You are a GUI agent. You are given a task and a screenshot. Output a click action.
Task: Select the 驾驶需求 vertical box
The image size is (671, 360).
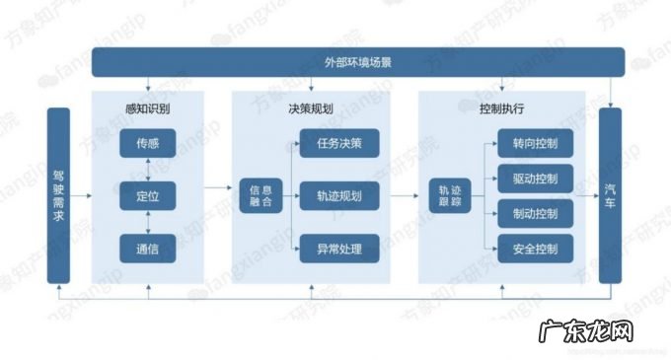tap(59, 195)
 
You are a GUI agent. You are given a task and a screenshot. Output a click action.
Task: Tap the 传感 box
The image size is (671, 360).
tap(146, 143)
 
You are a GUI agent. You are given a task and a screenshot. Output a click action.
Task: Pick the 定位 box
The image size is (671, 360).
tap(146, 195)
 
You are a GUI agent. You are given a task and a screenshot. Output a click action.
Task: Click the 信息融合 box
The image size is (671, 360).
tap(261, 195)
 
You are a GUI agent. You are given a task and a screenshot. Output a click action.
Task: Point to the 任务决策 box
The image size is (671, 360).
tap(338, 143)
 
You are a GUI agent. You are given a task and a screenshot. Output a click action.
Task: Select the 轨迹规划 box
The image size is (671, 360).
tap(338, 195)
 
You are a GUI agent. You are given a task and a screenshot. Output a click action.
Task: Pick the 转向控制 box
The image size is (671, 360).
tap(536, 144)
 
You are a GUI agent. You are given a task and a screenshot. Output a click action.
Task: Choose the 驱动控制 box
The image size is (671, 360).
tap(536, 179)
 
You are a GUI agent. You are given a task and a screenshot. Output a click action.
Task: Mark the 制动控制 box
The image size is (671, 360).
tap(536, 213)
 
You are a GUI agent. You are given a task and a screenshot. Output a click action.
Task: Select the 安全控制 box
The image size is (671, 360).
tap(536, 248)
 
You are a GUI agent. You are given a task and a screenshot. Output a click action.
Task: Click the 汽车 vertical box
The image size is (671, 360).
tap(612, 195)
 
